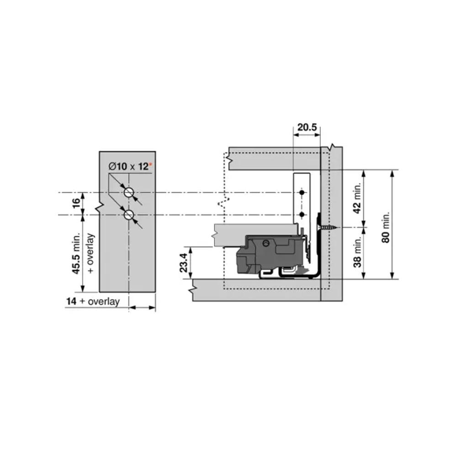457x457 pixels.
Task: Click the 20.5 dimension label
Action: (x=307, y=128)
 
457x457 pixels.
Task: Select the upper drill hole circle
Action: (x=129, y=192)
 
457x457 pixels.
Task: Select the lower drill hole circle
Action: (x=129, y=215)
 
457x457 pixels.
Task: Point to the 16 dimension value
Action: (x=76, y=203)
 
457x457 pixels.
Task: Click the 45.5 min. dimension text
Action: (x=76, y=253)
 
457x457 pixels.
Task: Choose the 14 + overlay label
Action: (x=93, y=301)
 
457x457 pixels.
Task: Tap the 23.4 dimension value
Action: (x=184, y=263)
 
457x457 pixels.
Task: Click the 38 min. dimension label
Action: (x=357, y=251)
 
